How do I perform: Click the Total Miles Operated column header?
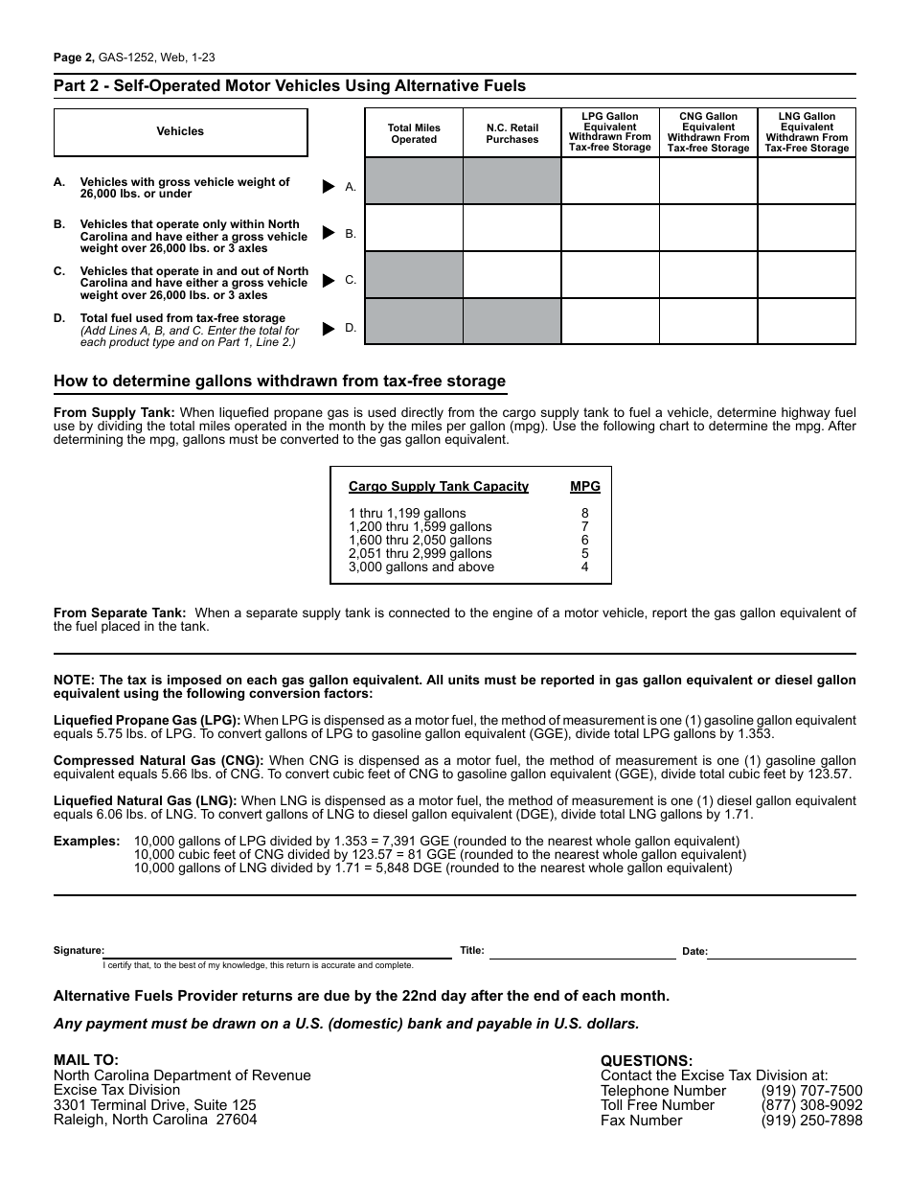(x=414, y=133)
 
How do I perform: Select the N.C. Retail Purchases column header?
(x=512, y=133)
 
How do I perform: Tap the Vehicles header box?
(x=180, y=132)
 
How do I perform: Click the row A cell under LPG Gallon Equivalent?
(x=610, y=181)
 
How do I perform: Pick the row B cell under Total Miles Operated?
(x=414, y=228)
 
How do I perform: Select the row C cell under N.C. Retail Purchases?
(x=512, y=275)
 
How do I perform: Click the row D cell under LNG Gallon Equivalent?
(x=807, y=321)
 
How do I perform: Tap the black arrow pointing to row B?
(x=329, y=233)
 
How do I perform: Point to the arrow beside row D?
(x=329, y=328)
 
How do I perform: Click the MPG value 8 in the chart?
(x=585, y=513)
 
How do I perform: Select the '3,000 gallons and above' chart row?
(x=421, y=566)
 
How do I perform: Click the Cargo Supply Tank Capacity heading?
(x=439, y=486)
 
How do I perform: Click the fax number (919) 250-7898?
(x=811, y=1120)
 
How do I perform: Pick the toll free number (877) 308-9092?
(x=811, y=1105)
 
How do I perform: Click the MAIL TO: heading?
(x=86, y=1060)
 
